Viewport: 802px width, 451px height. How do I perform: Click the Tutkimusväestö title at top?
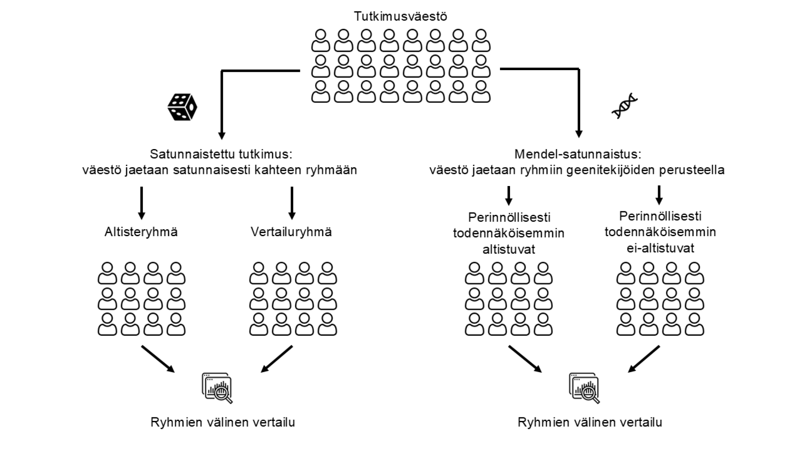click(x=400, y=16)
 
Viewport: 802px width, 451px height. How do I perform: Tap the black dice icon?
click(x=182, y=107)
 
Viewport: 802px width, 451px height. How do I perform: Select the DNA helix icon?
click(x=624, y=106)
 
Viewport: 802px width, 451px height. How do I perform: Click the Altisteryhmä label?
click(x=141, y=232)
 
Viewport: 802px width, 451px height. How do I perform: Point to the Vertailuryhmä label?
click(x=291, y=232)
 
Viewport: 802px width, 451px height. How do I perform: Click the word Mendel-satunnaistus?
click(x=577, y=154)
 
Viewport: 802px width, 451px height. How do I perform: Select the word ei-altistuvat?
click(x=660, y=248)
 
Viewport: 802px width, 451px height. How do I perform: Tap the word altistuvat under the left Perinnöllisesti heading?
click(x=508, y=249)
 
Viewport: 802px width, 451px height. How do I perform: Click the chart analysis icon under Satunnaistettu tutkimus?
click(x=217, y=388)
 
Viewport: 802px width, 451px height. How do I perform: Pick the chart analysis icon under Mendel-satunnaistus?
click(x=584, y=388)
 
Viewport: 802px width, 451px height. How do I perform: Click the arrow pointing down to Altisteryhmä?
click(x=141, y=203)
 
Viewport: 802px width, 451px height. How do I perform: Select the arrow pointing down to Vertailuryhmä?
click(x=292, y=203)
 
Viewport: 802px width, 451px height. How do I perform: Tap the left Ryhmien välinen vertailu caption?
click(x=223, y=422)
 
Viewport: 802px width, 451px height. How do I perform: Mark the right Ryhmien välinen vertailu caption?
click(x=589, y=422)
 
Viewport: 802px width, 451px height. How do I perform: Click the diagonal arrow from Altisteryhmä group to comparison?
click(x=158, y=359)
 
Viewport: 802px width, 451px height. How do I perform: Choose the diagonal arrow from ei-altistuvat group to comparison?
click(x=643, y=359)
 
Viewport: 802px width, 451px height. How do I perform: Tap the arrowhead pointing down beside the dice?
click(x=221, y=135)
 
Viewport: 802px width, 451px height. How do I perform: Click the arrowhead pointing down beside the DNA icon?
click(x=578, y=133)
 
